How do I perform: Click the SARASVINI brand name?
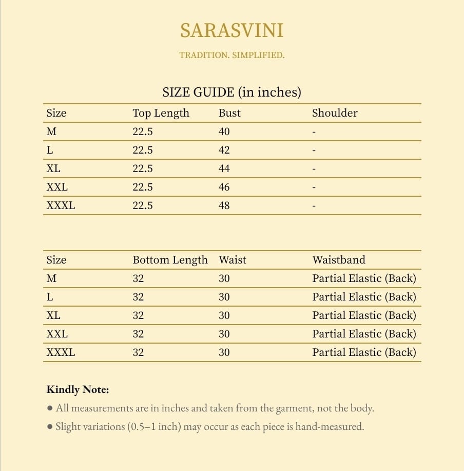coord(231,31)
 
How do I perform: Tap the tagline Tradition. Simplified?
coord(231,55)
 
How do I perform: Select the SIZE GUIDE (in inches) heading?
coord(231,92)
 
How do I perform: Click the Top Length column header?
coord(161,113)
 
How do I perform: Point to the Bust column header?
coord(229,113)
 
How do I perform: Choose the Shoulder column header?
coord(335,113)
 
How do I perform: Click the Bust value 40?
coord(224,131)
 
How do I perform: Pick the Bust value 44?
coord(224,168)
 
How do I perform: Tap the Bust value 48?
coord(224,205)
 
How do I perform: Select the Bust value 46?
coord(224,187)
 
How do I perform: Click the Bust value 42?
coord(224,150)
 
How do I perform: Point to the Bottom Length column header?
coord(170,260)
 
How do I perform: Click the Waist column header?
coord(233,260)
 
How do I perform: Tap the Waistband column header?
coord(339,260)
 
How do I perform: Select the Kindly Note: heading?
coord(78,390)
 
